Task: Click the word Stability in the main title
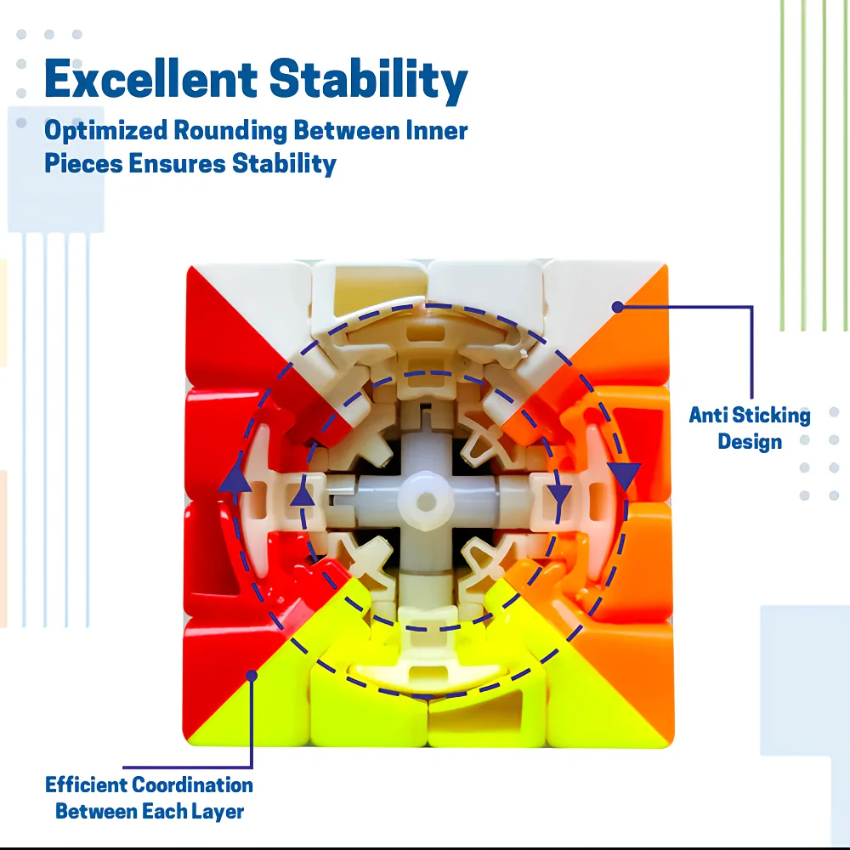point(368,82)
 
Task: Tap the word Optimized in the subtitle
point(105,131)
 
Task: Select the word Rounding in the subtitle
point(229,131)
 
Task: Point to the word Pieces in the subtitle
point(83,163)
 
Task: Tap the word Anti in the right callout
point(708,416)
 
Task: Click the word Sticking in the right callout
point(771,416)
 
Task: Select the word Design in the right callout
point(750,442)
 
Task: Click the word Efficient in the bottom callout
point(86,785)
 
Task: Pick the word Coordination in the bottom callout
point(192,785)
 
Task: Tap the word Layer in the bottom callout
point(222,812)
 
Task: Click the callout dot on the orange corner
point(617,307)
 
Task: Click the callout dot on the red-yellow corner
point(252,676)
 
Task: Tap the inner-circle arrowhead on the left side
point(303,493)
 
